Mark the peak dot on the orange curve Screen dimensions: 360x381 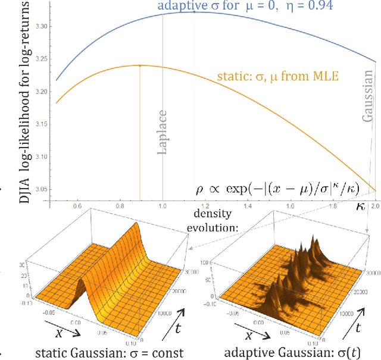click(x=139, y=65)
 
